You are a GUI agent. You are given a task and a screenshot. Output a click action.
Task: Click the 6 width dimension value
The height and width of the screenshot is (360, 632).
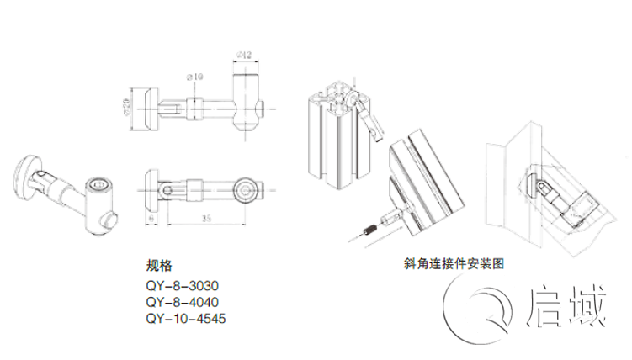150,217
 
